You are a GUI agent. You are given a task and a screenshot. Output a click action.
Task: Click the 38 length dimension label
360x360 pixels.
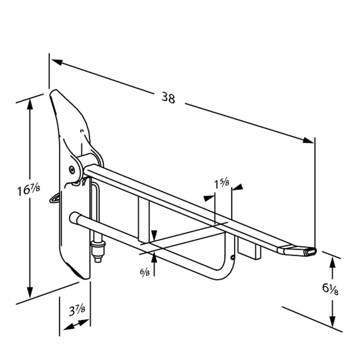[168, 98]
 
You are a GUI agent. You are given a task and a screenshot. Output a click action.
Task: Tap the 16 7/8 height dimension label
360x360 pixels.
[29, 190]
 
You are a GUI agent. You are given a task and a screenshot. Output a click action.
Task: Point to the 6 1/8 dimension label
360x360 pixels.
[330, 288]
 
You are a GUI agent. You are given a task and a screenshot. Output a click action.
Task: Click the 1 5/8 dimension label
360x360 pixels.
[221, 184]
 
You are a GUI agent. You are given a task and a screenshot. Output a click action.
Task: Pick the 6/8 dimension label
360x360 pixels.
[145, 272]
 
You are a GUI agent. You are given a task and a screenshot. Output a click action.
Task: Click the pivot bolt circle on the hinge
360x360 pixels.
[72, 170]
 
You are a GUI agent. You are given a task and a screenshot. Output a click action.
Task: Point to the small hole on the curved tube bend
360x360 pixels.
[233, 258]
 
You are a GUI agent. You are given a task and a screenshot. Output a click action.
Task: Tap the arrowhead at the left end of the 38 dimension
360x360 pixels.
[57, 62]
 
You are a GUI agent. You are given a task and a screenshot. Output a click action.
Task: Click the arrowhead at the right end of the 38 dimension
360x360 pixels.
[308, 140]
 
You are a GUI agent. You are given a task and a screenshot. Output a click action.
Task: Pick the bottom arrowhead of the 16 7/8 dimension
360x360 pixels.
[30, 292]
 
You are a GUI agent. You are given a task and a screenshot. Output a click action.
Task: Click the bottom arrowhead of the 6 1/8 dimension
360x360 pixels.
[333, 321]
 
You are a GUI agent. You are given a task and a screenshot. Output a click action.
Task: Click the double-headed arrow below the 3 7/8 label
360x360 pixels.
[76, 324]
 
